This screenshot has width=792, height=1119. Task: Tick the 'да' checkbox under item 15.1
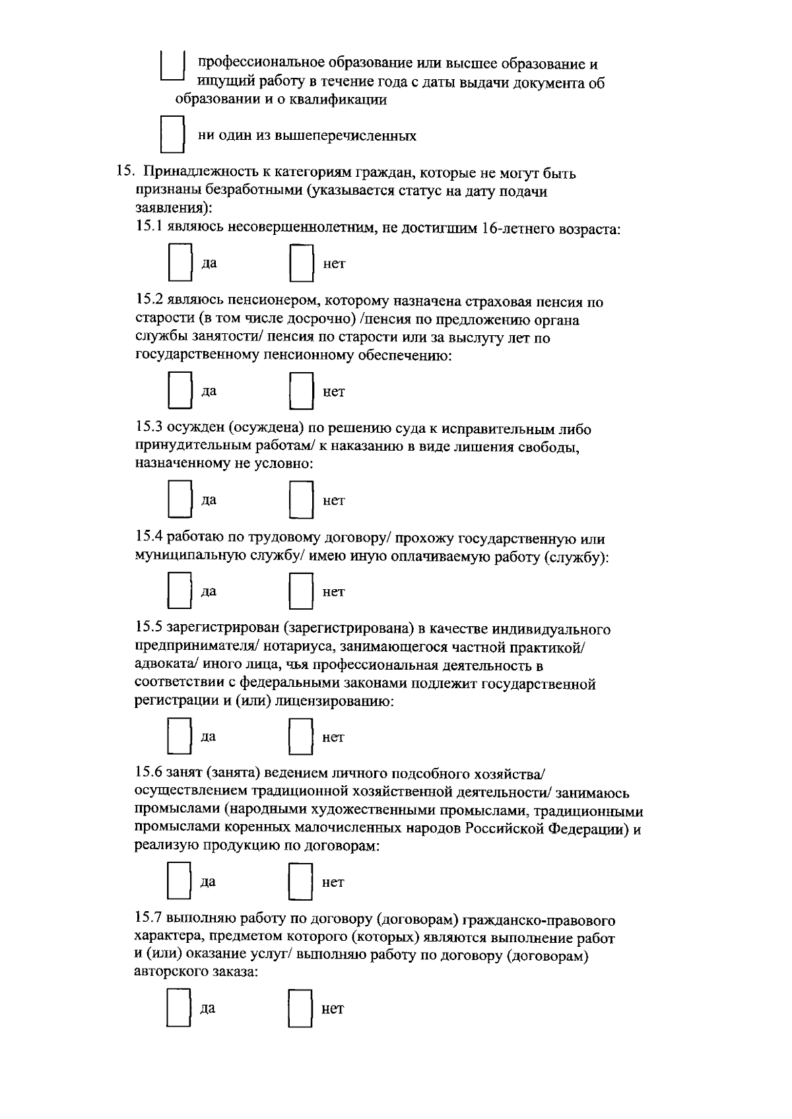179,263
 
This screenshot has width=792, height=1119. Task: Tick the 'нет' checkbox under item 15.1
300,263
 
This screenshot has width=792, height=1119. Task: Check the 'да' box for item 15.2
179,391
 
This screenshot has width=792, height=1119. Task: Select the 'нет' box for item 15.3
300,500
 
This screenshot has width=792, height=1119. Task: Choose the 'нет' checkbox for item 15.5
300,736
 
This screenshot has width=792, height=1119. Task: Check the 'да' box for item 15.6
178,881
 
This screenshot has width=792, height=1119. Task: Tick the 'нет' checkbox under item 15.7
300,1008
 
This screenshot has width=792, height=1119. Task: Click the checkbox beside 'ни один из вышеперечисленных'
173,135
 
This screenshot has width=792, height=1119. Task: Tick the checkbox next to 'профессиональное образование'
172,67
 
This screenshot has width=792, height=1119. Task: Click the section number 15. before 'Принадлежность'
125,174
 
